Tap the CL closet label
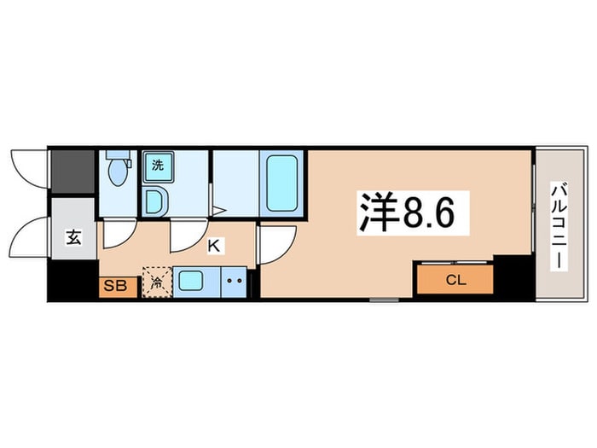(x=455, y=281)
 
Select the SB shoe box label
(x=115, y=285)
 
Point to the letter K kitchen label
(x=213, y=246)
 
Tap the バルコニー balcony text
(x=559, y=226)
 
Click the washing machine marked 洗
(x=158, y=166)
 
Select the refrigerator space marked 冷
(x=157, y=282)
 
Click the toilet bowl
(x=118, y=172)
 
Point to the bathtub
(x=281, y=183)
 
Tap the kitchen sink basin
(x=190, y=282)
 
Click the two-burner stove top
(x=235, y=282)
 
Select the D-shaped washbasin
(x=155, y=201)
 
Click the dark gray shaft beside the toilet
(x=72, y=172)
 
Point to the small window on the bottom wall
(x=384, y=300)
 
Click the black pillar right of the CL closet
(x=513, y=277)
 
